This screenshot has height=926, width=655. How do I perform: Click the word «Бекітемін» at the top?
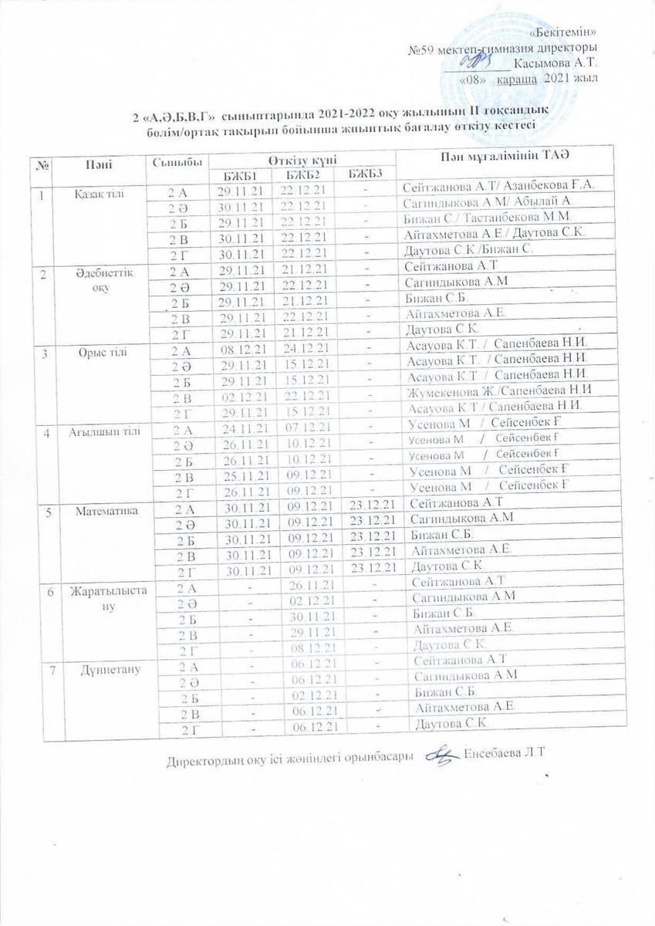pos(566,32)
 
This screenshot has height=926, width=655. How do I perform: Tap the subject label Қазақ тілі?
pos(98,191)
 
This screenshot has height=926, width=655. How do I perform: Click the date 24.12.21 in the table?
pos(305,349)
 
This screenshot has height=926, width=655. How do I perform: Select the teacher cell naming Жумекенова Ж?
pos(491,392)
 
